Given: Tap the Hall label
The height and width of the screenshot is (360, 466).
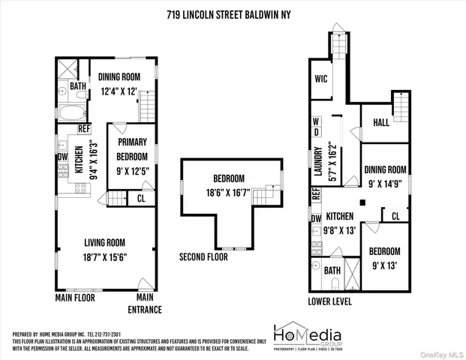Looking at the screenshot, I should point(381,122).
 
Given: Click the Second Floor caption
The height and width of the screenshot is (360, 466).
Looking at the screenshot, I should point(203,256).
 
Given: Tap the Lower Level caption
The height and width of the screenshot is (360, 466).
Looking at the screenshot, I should point(330,301).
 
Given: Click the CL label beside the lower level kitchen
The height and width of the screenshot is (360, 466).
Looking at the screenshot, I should point(395,217).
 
